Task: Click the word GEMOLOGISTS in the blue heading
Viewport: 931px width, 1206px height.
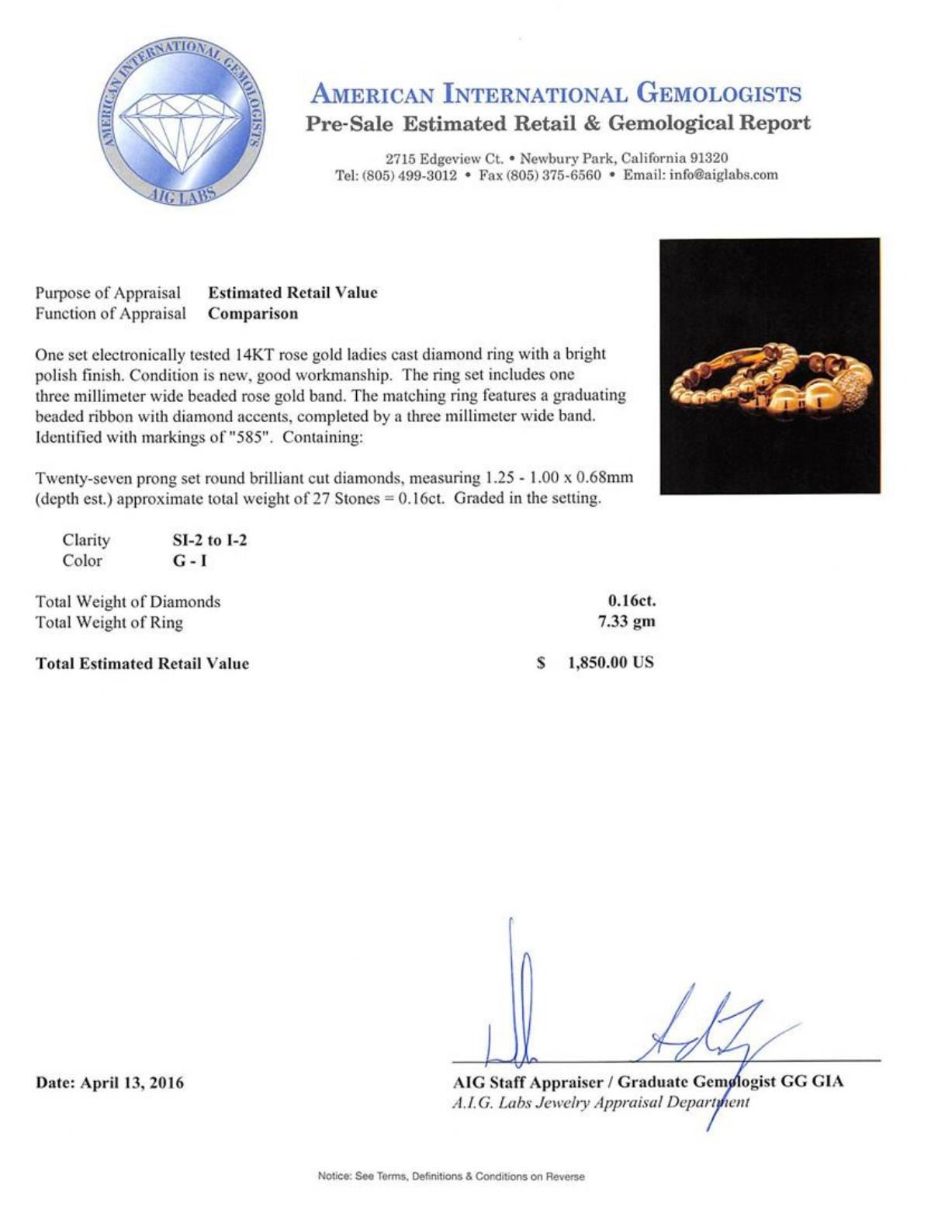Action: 718,94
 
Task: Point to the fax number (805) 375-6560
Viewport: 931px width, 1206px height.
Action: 553,175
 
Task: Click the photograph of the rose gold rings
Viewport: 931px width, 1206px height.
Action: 770,366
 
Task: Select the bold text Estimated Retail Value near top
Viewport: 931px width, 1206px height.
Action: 292,293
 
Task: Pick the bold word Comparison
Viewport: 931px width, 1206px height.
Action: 253,314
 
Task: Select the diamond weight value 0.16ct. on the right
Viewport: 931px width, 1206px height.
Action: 631,601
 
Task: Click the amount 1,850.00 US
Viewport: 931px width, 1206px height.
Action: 611,663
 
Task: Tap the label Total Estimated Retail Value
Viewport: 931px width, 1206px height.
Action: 142,664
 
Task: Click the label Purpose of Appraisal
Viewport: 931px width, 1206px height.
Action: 108,293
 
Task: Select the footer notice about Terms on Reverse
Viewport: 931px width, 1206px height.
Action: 451,1177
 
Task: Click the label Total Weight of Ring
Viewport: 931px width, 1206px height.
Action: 109,622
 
